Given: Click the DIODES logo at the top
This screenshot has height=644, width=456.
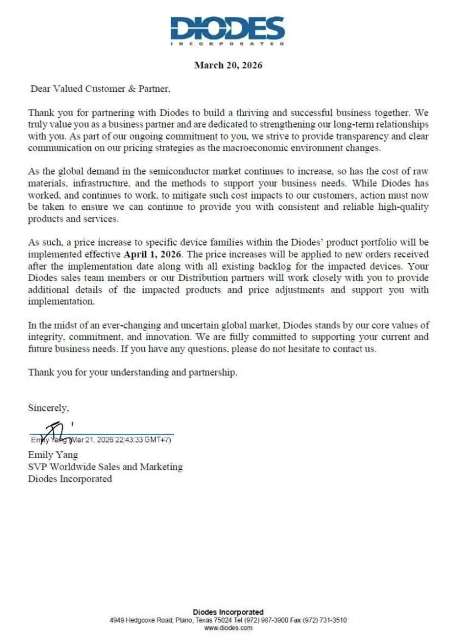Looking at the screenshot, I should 227,29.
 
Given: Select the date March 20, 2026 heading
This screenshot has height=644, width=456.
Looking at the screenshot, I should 229,65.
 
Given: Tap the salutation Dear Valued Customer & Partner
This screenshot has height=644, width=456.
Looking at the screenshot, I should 100,89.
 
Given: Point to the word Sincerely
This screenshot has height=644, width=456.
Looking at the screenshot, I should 48,407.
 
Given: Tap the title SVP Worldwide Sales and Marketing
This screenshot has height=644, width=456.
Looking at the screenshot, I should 105,467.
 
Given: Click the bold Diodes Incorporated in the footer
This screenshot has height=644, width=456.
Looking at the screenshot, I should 228,612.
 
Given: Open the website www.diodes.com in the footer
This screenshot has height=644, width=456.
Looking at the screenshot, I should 228,628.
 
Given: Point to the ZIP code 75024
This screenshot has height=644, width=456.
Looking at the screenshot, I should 224,620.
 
